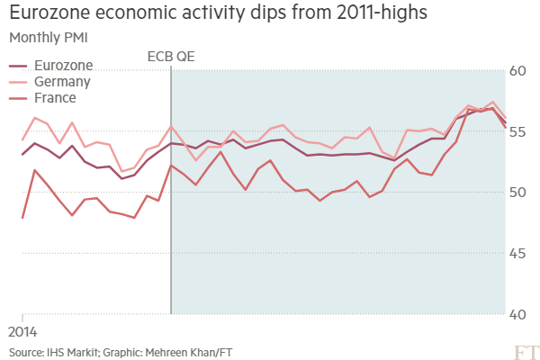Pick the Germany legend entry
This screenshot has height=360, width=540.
tap(60, 82)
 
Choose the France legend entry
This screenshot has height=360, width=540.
tap(55, 97)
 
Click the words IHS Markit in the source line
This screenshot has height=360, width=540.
tap(73, 352)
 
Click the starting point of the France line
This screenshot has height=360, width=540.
tap(22, 218)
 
